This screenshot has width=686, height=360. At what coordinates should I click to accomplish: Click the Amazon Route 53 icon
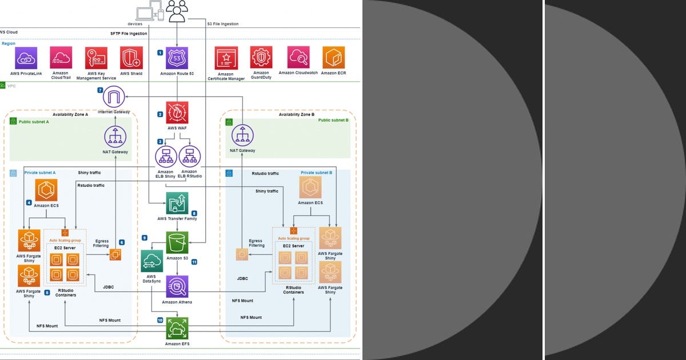(x=177, y=58)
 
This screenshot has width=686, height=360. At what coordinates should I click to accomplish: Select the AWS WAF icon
(x=177, y=113)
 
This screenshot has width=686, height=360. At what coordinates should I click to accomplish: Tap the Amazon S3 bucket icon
(x=177, y=242)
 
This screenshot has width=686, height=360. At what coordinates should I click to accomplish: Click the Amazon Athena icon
(x=177, y=286)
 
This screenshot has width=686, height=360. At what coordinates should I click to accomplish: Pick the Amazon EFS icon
(x=177, y=329)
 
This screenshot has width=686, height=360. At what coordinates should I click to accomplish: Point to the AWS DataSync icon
(x=151, y=261)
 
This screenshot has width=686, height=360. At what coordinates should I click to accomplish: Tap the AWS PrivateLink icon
(x=26, y=58)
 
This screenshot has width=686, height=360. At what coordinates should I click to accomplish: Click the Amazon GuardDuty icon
(x=261, y=58)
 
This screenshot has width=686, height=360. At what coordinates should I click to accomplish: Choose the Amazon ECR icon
(x=333, y=58)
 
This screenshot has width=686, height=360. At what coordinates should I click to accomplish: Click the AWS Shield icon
(x=131, y=58)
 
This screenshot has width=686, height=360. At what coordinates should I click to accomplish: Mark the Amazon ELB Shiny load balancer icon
(x=166, y=157)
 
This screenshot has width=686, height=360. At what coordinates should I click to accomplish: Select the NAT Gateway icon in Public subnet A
(x=115, y=137)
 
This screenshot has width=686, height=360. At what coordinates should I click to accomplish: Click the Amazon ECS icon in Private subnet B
(x=310, y=187)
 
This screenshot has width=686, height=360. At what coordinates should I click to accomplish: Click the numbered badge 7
(x=101, y=90)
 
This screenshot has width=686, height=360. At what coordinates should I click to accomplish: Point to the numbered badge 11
(x=194, y=262)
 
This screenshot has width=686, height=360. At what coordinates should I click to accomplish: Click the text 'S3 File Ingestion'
(x=222, y=23)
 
